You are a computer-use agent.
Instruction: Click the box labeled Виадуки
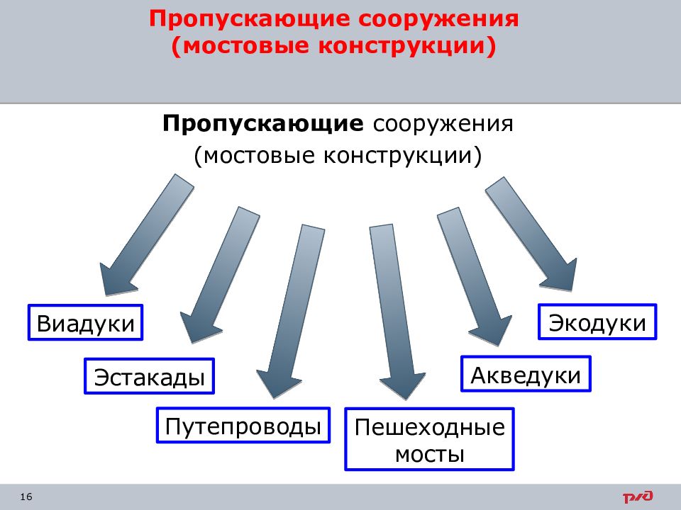[86, 323]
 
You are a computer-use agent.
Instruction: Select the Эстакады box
[150, 376]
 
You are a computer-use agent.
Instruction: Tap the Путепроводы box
[243, 426]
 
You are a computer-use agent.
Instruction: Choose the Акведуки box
[526, 374]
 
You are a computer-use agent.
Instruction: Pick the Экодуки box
[597, 322]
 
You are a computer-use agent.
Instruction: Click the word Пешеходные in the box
[430, 428]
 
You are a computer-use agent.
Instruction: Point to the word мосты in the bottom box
[430, 455]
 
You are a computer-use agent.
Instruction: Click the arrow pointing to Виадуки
[146, 235]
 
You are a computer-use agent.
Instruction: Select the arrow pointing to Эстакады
[220, 276]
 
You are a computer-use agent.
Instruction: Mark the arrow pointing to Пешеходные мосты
[397, 312]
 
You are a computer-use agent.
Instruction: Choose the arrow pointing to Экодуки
[531, 234]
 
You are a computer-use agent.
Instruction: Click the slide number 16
[26, 497]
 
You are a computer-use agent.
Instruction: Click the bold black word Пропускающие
[263, 123]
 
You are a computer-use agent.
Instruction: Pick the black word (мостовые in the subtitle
[254, 155]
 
